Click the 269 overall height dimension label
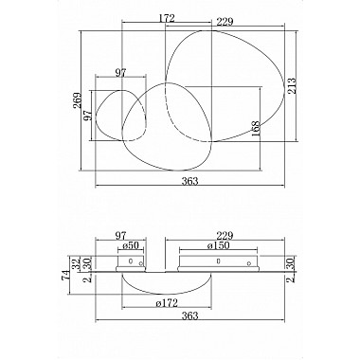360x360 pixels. tap(77, 100)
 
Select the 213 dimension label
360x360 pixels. tap(292, 86)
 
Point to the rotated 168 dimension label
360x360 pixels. tap(255, 129)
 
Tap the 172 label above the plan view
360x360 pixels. tap(167, 18)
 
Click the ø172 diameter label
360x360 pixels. tap(167, 303)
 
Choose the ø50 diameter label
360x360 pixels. tap(131, 245)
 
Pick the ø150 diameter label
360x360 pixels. tap(218, 245)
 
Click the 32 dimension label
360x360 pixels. tap(76, 263)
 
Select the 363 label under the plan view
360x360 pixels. tap(189, 181)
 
